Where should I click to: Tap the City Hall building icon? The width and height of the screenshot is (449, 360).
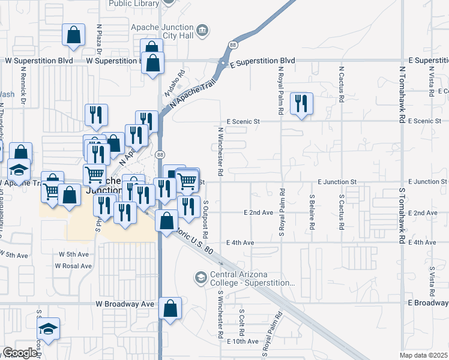point(202,30)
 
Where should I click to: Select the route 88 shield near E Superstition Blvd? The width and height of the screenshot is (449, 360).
point(233,45)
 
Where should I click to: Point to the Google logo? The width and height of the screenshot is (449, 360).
point(19,353)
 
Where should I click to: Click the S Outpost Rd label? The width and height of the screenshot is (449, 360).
point(206,214)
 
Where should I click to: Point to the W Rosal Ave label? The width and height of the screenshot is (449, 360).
point(74,266)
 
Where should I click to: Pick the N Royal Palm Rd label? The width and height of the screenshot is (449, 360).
point(280,83)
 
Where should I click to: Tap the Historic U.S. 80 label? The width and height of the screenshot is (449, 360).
point(193,238)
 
